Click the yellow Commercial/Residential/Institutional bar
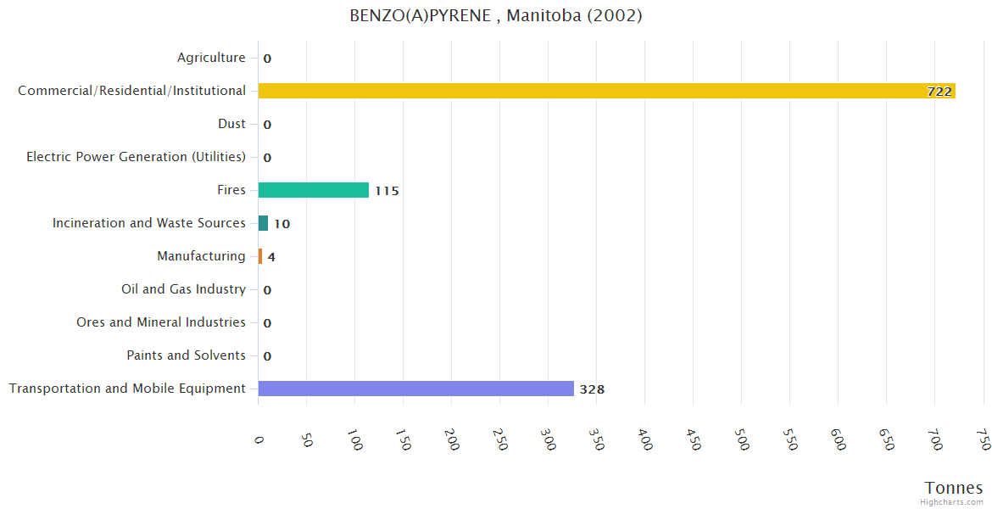[x=606, y=91]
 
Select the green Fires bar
[x=314, y=190]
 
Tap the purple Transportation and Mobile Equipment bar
[x=415, y=389]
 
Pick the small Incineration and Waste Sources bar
[x=263, y=223]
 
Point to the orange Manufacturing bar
[x=260, y=256]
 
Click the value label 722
[x=939, y=92]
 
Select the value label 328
[x=592, y=389]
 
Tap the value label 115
[x=387, y=191]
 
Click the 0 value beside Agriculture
[x=267, y=59]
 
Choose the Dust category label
[x=231, y=124]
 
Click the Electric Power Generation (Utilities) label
[x=136, y=157]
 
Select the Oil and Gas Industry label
[x=183, y=289]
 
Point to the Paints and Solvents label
[x=186, y=355]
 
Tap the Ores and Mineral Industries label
[x=161, y=322]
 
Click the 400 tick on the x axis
[x=645, y=440]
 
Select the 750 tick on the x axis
[x=984, y=440]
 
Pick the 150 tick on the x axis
[x=404, y=440]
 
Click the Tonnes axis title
[x=954, y=488]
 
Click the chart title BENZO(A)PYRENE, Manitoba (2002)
[x=496, y=16]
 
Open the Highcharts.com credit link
[x=952, y=502]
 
